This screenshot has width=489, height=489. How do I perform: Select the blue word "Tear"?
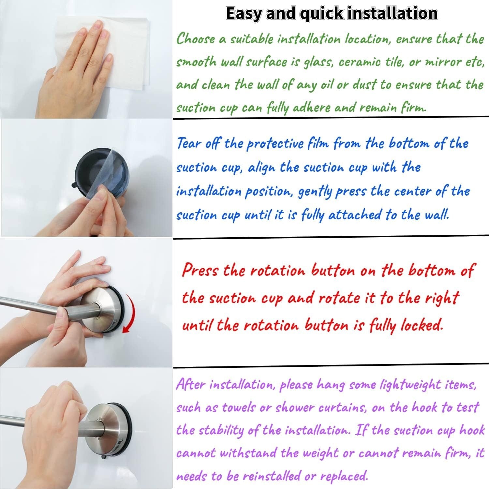188,143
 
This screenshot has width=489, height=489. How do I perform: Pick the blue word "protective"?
275,144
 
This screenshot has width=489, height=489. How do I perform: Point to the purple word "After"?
190,385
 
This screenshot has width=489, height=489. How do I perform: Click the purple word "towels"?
239,407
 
